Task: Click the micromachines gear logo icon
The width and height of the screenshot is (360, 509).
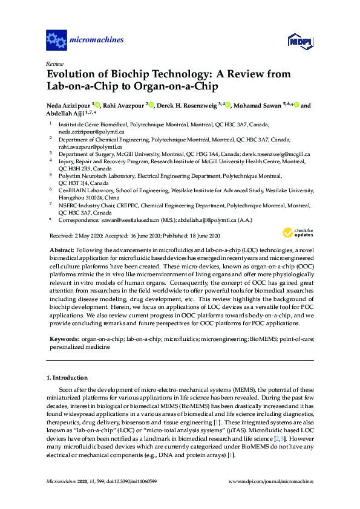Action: pyautogui.click(x=56, y=41)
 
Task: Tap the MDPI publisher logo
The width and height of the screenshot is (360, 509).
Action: pyautogui.click(x=300, y=41)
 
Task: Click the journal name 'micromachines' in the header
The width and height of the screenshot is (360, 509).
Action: pyautogui.click(x=97, y=41)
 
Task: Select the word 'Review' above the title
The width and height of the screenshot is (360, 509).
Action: pyautogui.click(x=54, y=63)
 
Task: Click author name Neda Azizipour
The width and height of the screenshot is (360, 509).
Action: pyautogui.click(x=68, y=106)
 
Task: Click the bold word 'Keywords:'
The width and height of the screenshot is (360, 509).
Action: pyautogui.click(x=62, y=340)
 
